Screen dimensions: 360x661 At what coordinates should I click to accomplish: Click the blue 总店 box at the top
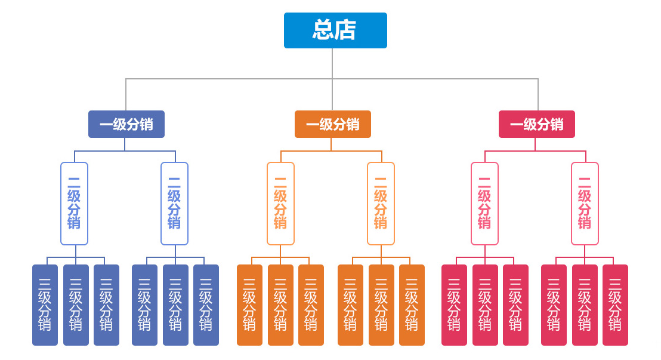click(335, 30)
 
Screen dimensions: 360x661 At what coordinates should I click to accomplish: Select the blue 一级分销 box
click(126, 124)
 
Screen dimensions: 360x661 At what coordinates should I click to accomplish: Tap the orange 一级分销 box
click(333, 124)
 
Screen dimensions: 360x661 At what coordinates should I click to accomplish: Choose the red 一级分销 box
click(537, 124)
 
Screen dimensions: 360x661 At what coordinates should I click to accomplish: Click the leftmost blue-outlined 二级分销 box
click(74, 204)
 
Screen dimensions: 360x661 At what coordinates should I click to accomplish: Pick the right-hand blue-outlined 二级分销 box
click(174, 204)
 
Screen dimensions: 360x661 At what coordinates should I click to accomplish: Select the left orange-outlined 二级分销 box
click(280, 204)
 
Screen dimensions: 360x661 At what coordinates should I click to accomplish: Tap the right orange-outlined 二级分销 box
click(381, 204)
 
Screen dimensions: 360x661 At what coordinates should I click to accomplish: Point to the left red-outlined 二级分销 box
click(484, 204)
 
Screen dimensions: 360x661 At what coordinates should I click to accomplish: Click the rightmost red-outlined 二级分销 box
click(585, 204)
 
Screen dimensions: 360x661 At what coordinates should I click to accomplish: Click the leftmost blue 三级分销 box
click(45, 305)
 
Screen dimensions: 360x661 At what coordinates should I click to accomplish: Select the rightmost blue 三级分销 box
click(206, 305)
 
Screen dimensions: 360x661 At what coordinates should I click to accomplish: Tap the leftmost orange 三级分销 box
click(249, 305)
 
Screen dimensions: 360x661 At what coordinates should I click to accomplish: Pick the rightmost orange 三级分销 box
click(412, 305)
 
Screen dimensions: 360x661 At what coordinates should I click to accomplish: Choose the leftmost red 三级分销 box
click(454, 305)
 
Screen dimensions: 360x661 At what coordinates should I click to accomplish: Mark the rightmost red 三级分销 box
click(615, 305)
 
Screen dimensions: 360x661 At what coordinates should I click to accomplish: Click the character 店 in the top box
click(346, 30)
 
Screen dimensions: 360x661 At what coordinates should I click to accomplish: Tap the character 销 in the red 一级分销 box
click(557, 124)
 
